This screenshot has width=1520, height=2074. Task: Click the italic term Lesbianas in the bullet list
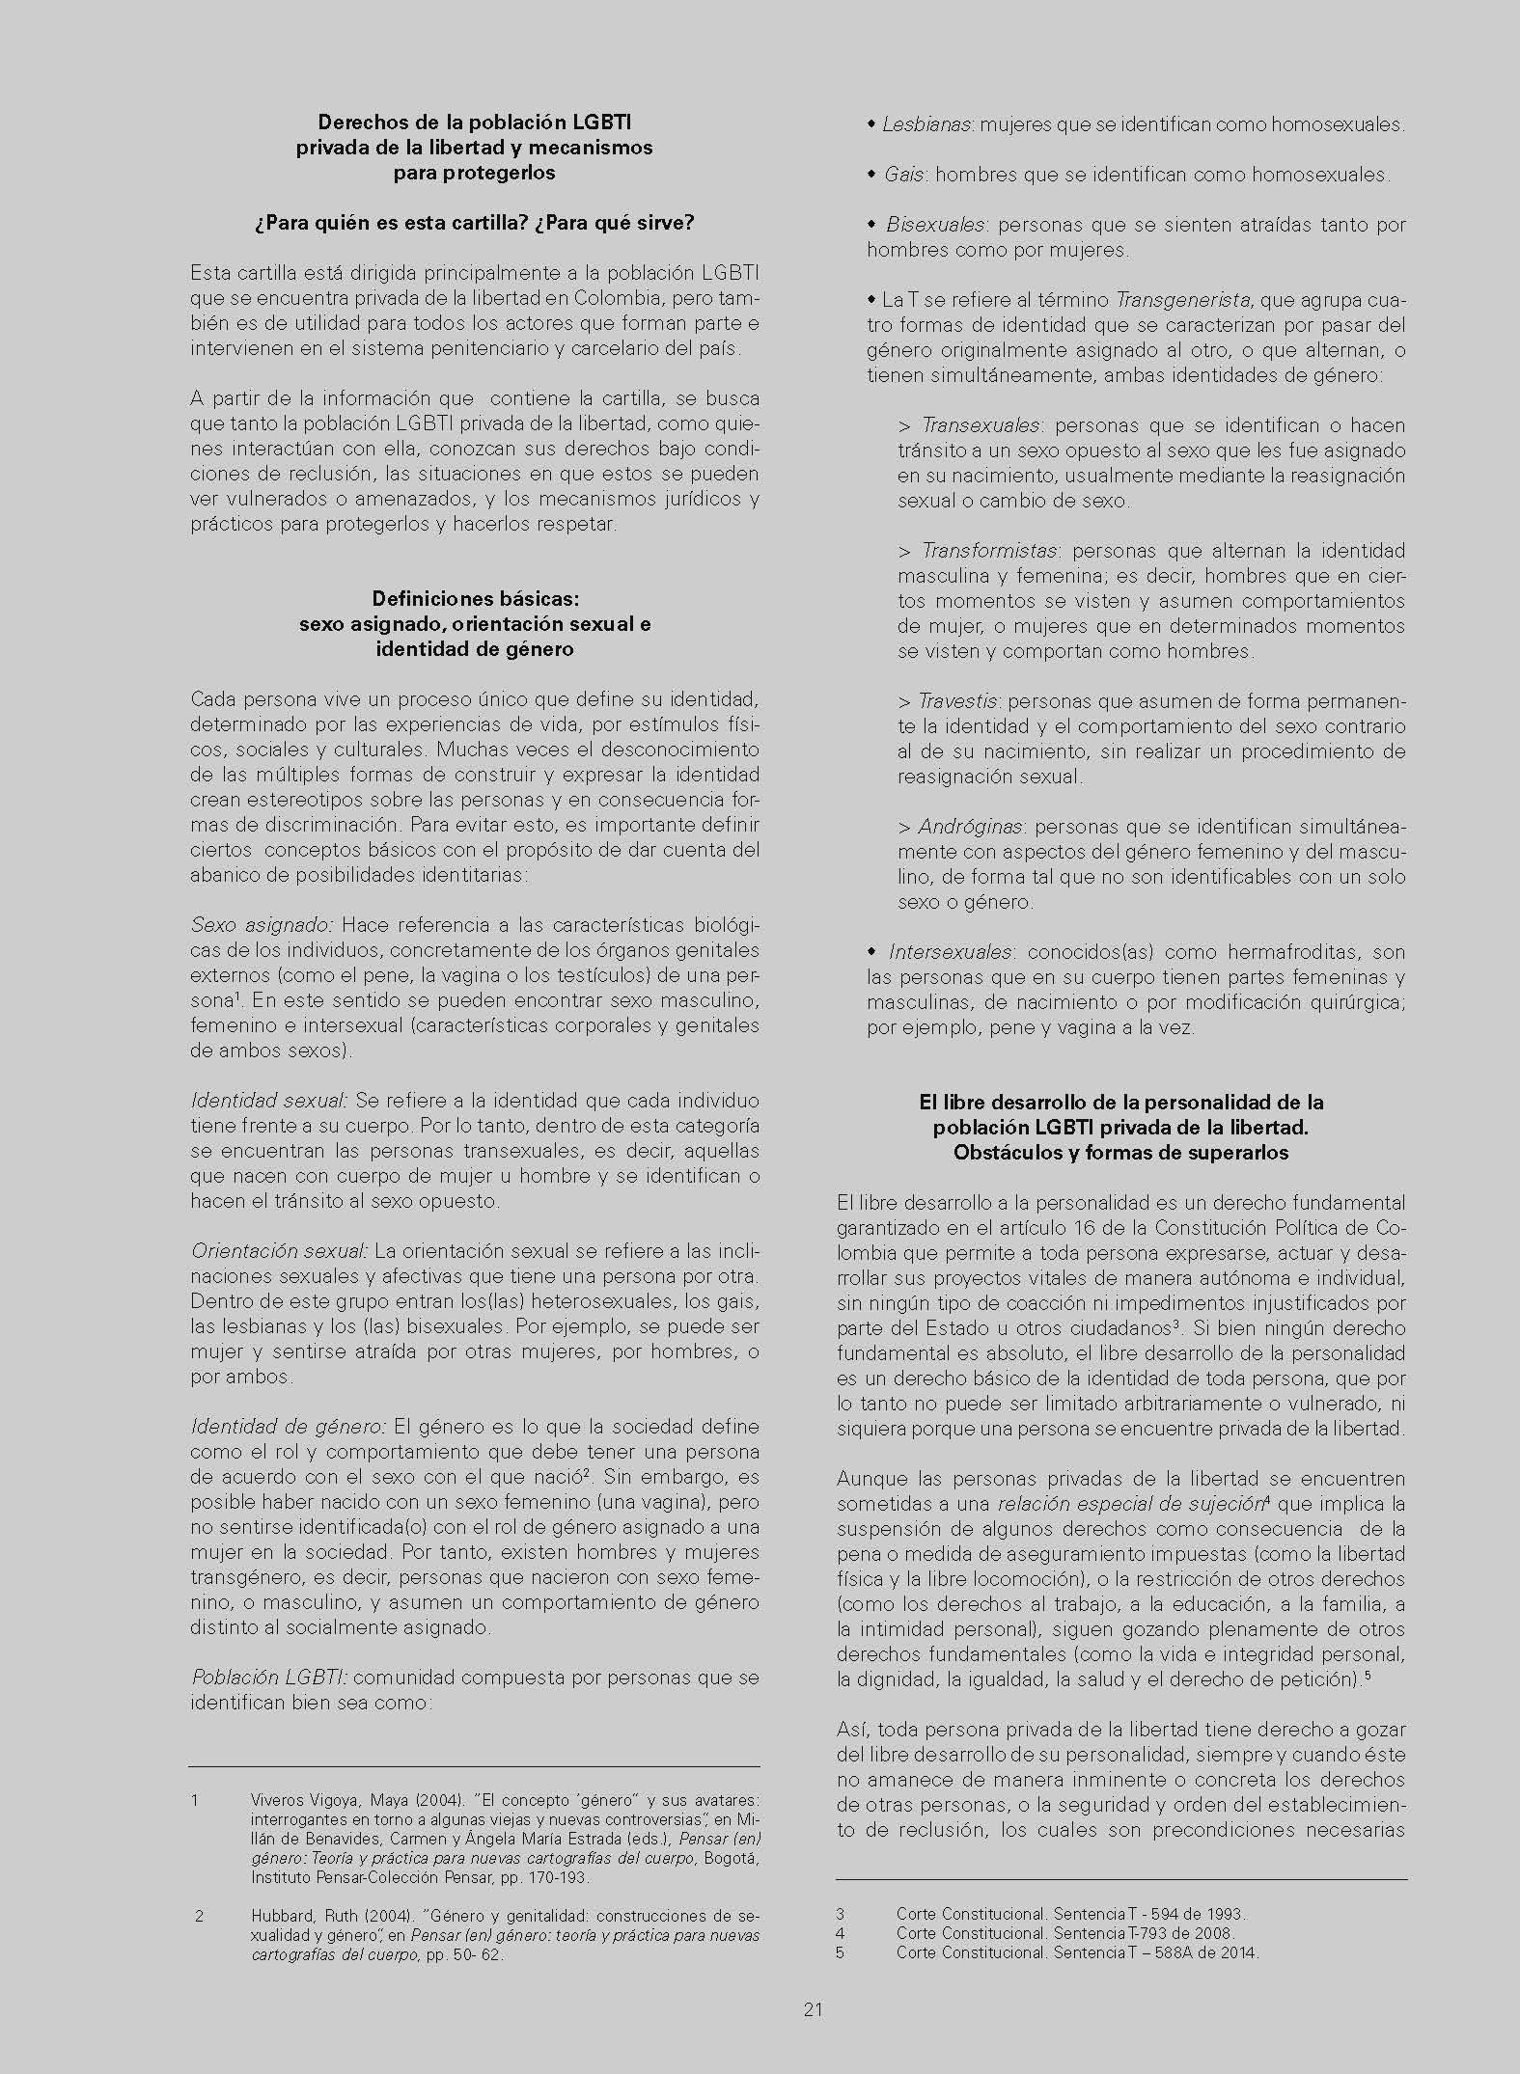tap(926, 124)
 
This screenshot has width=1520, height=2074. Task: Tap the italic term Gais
tap(905, 175)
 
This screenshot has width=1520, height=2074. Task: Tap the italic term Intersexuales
tap(950, 952)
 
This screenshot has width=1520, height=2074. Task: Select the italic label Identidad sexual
tap(269, 1101)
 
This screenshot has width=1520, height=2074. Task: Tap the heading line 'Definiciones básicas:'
tap(475, 599)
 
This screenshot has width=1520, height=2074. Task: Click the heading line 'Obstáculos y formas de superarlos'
tap(1120, 1153)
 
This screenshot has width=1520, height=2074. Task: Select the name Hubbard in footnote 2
tap(279, 1916)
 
